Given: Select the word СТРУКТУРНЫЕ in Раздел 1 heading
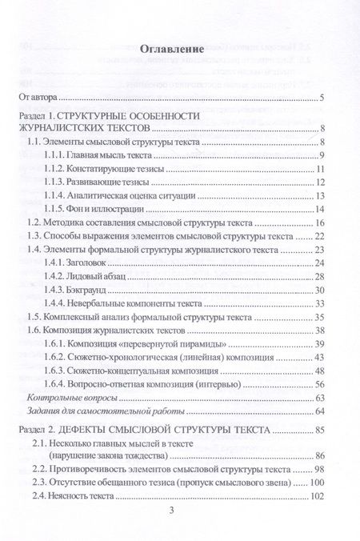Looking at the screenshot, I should (99, 118).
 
